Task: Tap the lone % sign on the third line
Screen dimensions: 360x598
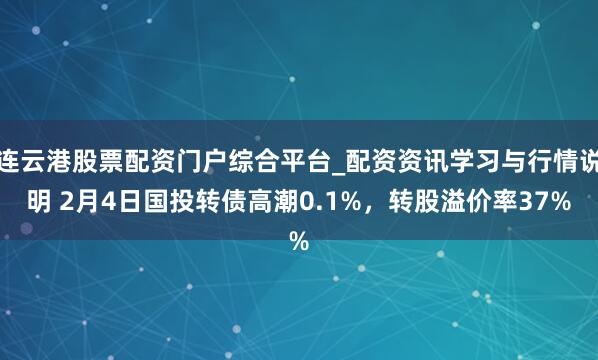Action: pyautogui.click(x=298, y=241)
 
